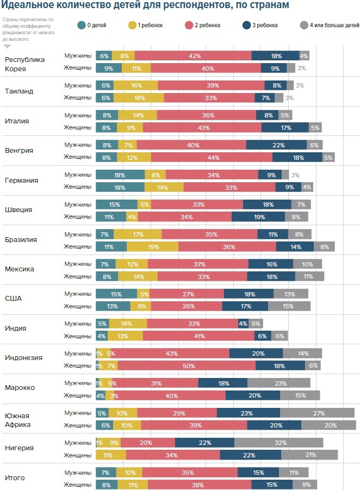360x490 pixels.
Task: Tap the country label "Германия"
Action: coord(21,181)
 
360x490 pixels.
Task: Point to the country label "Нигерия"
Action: coord(20,448)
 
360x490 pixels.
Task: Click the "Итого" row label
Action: coord(15,478)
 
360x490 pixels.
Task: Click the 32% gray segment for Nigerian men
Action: coord(279,443)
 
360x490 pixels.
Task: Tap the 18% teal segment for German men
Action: coord(120,175)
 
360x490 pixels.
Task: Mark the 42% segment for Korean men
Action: coord(193,56)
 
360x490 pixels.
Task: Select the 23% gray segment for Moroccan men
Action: coord(279,383)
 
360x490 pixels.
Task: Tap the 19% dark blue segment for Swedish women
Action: coord(258,217)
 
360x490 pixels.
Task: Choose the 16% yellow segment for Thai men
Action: coord(135,85)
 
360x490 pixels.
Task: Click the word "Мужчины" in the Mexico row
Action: coord(78,264)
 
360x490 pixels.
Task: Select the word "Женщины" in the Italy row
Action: coord(78,127)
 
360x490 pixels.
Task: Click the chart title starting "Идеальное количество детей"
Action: coord(145,5)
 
